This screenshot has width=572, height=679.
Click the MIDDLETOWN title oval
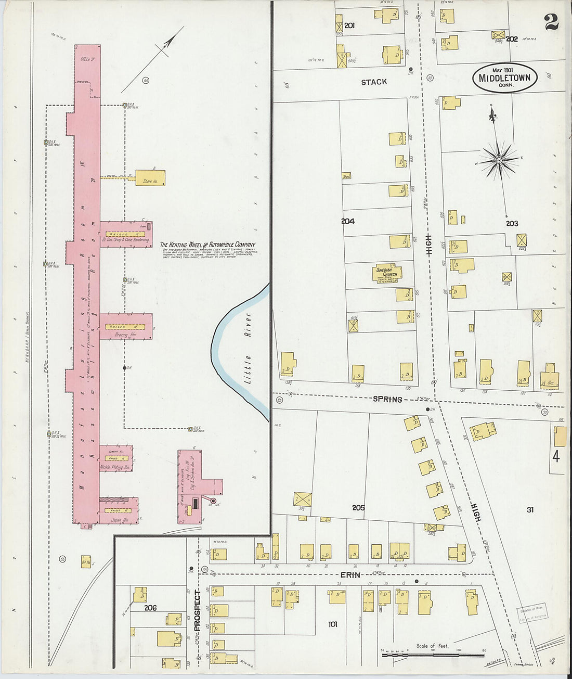[504, 78]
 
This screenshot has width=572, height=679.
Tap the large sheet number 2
[551, 22]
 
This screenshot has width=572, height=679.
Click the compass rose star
[499, 161]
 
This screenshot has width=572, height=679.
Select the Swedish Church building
[387, 273]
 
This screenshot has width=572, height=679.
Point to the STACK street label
[374, 82]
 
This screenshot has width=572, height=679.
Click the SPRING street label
[387, 399]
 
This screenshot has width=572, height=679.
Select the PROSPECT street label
[198, 611]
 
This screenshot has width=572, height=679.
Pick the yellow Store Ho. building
[150, 178]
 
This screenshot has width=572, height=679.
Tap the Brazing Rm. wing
[125, 327]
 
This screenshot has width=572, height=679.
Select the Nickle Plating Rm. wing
[115, 459]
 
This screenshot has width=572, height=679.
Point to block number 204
[348, 221]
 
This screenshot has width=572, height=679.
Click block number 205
[358, 507]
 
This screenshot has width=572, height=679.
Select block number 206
[150, 608]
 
